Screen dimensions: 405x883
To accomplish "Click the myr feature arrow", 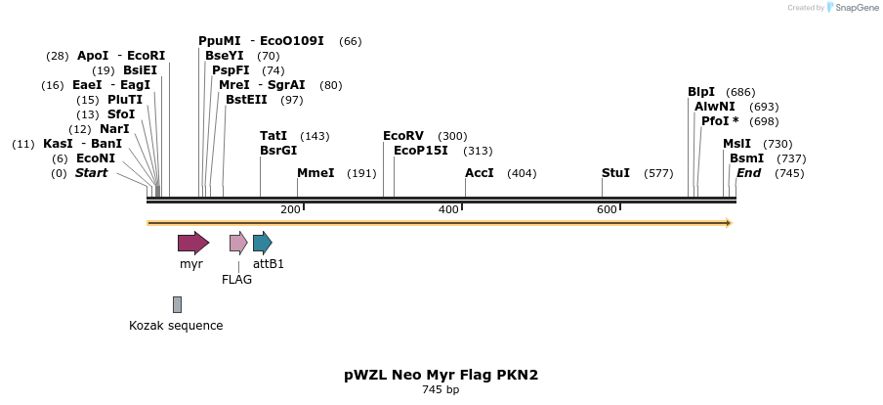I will click(192, 243).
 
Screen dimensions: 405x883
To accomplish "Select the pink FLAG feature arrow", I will click(237, 243).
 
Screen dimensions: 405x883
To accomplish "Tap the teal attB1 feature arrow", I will click(262, 243).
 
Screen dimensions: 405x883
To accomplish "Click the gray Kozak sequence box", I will click(177, 304).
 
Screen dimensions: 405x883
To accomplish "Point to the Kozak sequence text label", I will click(176, 326).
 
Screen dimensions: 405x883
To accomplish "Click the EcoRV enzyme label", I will click(403, 136).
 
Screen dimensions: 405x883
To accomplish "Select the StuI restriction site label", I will click(615, 173).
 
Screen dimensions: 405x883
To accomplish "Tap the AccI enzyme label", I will click(480, 173).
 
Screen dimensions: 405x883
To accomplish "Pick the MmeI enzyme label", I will click(315, 173).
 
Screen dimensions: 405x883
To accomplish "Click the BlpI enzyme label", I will click(701, 92).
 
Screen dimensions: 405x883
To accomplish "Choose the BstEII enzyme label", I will click(245, 100).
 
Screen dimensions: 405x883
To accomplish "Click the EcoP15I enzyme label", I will click(420, 151).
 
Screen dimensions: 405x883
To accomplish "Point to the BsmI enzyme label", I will click(746, 158).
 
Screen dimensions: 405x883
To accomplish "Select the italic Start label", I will click(91, 173).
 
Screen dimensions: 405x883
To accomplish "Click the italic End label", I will click(748, 173).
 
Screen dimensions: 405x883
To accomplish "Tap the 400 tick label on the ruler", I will click(448, 210).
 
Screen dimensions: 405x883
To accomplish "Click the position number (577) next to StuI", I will click(658, 173).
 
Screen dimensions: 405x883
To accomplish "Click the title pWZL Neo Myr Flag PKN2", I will click(441, 375).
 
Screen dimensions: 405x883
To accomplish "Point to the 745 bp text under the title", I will click(441, 390).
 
